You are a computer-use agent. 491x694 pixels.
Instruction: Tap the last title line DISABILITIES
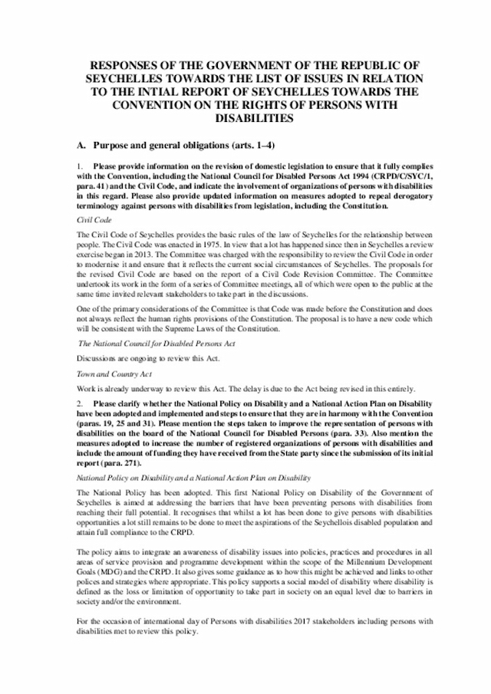(245, 120)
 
